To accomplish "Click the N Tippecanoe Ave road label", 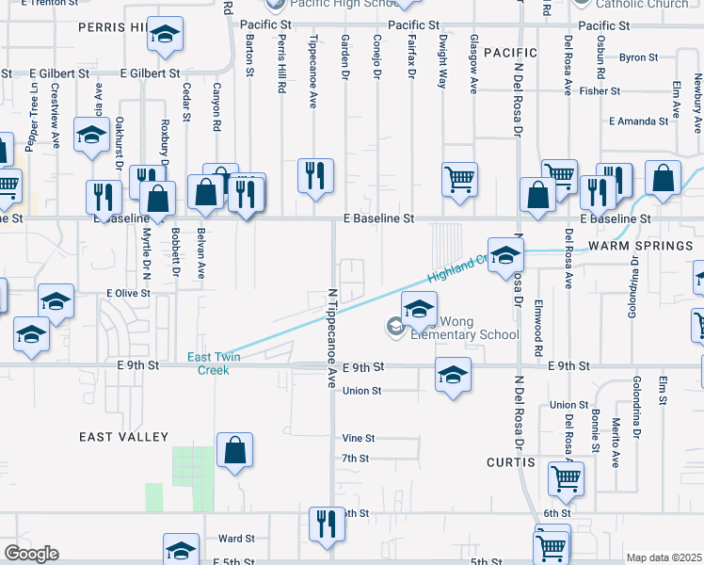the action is (x=331, y=337).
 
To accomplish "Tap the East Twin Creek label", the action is (x=214, y=363).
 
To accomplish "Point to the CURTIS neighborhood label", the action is (x=511, y=462).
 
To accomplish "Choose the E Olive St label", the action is (x=128, y=294).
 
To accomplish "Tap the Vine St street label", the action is (x=359, y=438).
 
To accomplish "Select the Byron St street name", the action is (x=638, y=57).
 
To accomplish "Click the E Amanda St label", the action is (x=638, y=121).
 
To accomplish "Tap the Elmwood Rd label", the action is (x=539, y=322).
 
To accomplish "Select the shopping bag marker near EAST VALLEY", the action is (x=234, y=451).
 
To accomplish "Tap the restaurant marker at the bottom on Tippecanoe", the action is (x=326, y=524).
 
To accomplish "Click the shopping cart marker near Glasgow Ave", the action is (x=459, y=178).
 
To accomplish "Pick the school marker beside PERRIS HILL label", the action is (x=166, y=38).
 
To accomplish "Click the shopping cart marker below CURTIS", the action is (x=566, y=478).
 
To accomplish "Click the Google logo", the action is (x=31, y=554).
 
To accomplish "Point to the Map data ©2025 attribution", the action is (x=664, y=557).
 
